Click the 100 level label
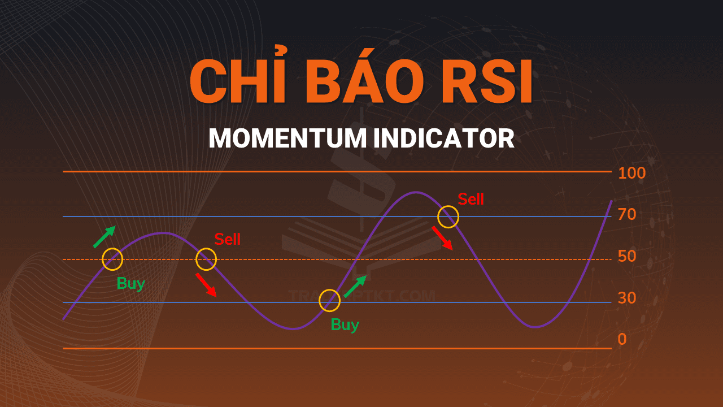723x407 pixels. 631,173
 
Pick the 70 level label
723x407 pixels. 627,215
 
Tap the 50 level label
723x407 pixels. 627,256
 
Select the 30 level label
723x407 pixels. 627,298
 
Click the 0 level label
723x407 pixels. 622,339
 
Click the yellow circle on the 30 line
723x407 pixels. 329,301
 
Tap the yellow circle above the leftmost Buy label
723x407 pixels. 112,259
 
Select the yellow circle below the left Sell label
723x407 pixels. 206,259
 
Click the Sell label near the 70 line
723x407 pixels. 471,199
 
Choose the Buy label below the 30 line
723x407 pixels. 345,325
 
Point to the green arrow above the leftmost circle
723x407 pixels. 104,237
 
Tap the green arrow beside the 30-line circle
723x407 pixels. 355,287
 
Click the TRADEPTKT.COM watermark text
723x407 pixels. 361,296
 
